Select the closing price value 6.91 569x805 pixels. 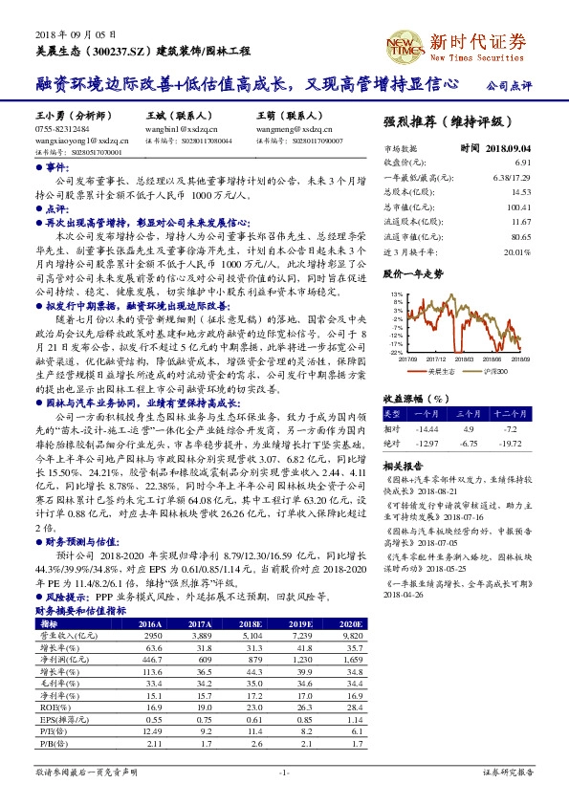(x=521, y=163)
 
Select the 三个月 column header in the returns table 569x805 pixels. (x=469, y=414)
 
